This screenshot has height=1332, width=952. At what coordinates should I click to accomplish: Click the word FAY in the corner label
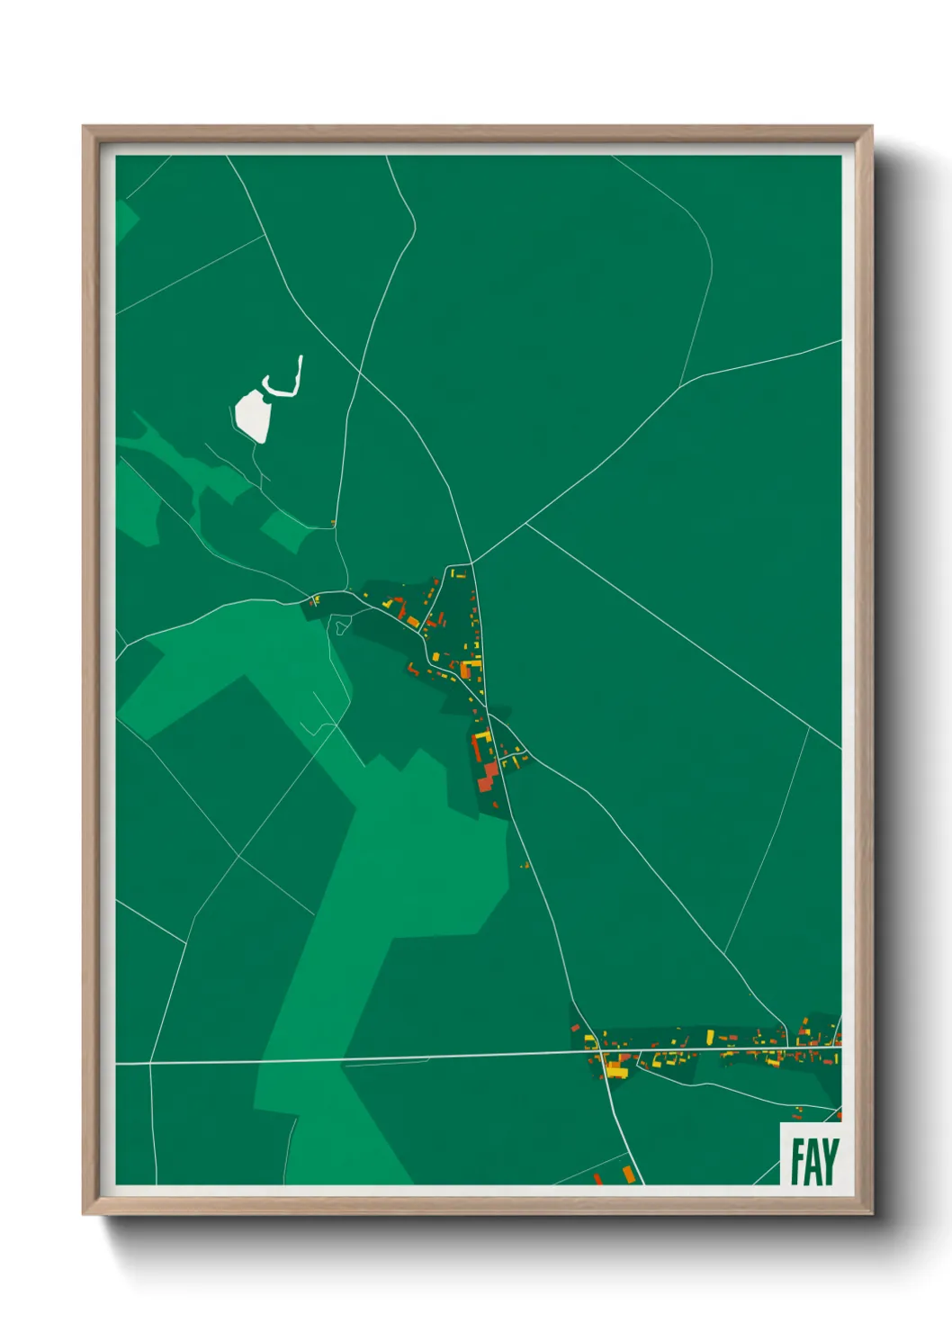tap(814, 1161)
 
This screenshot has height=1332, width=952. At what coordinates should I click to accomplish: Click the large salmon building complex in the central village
tap(487, 775)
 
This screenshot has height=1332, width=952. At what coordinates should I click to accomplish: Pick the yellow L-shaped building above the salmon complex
tap(481, 740)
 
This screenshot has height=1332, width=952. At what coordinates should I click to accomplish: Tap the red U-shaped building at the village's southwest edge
tap(414, 669)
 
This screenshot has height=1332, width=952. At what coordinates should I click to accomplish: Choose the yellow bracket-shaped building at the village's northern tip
tap(458, 572)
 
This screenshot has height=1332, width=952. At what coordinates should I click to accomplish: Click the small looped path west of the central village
tap(338, 625)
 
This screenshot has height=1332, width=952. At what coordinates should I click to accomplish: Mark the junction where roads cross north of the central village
tap(472, 562)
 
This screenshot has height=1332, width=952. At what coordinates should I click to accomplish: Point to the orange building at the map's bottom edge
tap(628, 1174)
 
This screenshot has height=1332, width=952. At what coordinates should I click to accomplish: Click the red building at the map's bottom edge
tap(597, 1178)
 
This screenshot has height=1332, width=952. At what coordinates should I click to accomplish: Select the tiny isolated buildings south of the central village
tap(525, 865)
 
